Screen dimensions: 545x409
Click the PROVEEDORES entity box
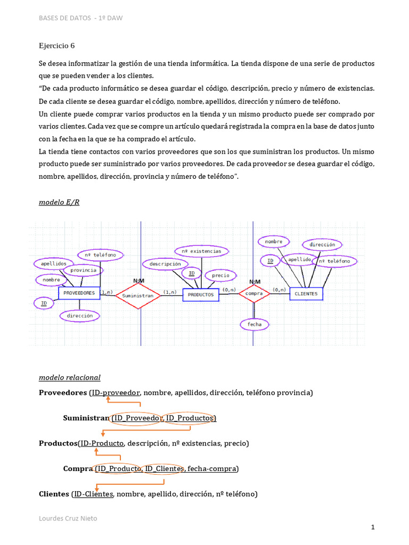pyautogui.click(x=79, y=293)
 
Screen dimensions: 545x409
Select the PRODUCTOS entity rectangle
pyautogui.click(x=201, y=294)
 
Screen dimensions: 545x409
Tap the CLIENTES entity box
pyautogui.click(x=306, y=293)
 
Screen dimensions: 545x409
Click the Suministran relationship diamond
pyautogui.click(x=137, y=295)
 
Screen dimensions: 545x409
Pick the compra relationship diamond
pyautogui.click(x=254, y=293)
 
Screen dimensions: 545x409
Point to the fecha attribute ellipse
pyautogui.click(x=255, y=324)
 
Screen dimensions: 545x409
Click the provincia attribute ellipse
pyautogui.click(x=83, y=270)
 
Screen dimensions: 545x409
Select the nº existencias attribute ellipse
pyautogui.click(x=202, y=250)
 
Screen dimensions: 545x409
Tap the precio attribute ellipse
pyautogui.click(x=220, y=275)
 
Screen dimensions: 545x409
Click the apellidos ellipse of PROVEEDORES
pyautogui.click(x=53, y=263)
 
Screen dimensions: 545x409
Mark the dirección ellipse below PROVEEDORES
pyautogui.click(x=80, y=316)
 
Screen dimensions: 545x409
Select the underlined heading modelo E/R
pyautogui.click(x=59, y=203)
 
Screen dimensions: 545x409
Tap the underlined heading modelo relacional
pyautogui.click(x=69, y=377)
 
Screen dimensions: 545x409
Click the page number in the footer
pyautogui.click(x=373, y=527)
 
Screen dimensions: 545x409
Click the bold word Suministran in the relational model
pyautogui.click(x=86, y=418)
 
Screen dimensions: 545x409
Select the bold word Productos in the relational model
pyautogui.click(x=58, y=443)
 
